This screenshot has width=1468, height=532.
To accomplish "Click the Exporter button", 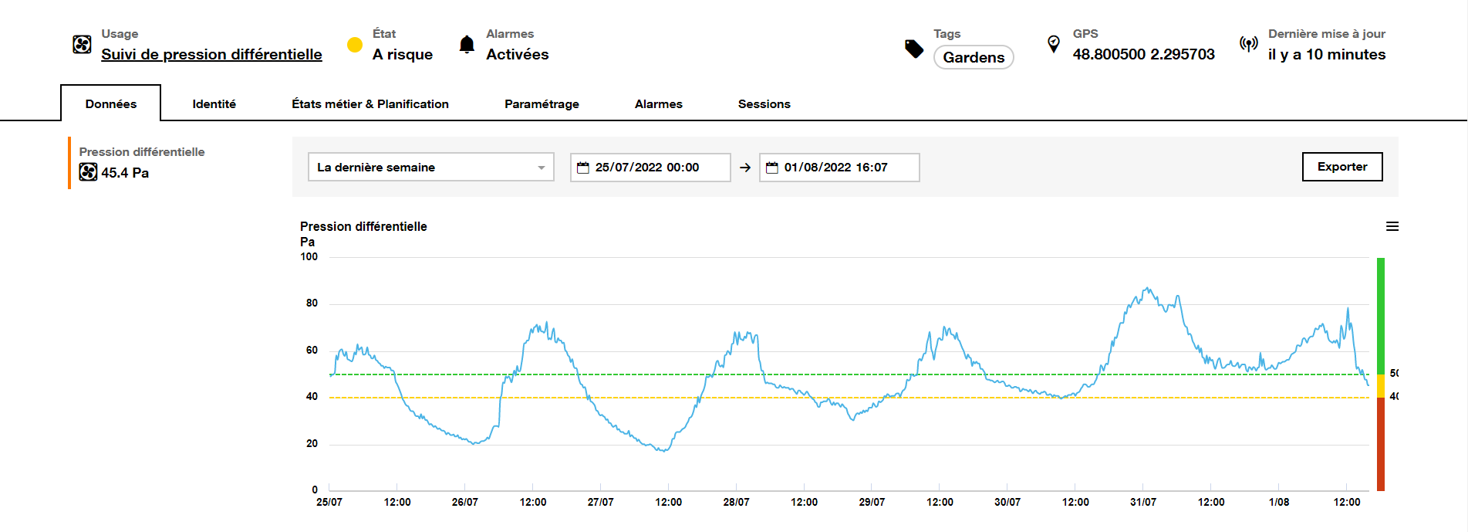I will coord(1341,167).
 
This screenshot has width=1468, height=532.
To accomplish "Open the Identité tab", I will coord(214,104).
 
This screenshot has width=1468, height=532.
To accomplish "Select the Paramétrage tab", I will coord(542,104).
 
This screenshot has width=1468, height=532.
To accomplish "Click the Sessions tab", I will coord(764,104).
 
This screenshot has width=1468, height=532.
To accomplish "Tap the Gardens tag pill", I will coord(974,57).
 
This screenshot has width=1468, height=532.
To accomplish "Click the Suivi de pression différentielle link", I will coord(211,54).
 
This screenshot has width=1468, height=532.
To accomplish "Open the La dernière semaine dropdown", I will coord(430,167).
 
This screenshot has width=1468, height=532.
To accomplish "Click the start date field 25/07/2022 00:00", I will coord(650,168).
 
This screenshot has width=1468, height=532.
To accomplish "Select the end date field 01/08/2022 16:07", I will coord(839,168).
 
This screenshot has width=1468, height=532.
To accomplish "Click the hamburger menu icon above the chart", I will coord(1392,226).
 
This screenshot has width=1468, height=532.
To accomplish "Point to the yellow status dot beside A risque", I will coord(355,45).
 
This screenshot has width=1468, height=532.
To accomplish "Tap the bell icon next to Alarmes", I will coord(467,44).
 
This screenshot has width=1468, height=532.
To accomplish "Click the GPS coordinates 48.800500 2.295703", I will coord(1143,54).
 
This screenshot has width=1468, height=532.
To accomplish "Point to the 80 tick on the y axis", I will coord(312,303).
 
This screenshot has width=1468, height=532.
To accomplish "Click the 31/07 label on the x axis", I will coord(1142,502).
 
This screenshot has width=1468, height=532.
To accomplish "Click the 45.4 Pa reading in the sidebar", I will coord(125,173).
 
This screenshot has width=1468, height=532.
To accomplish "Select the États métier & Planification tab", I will coord(370,104).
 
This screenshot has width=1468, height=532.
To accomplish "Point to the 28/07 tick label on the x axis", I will coord(736,502).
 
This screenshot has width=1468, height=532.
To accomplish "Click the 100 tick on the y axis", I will coord(309,257).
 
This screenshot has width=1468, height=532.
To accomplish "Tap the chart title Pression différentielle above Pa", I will coord(363,226).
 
